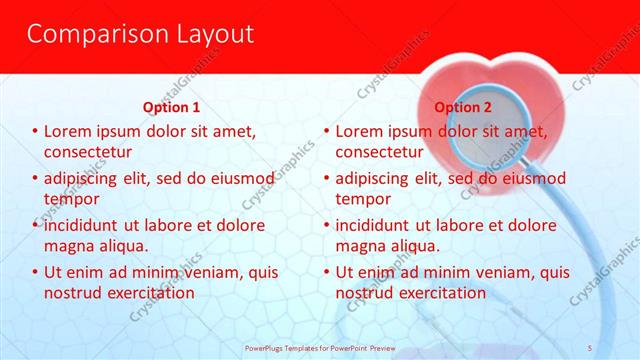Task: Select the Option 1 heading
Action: point(171,107)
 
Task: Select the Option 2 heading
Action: point(463,107)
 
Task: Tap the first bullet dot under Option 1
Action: point(35,132)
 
